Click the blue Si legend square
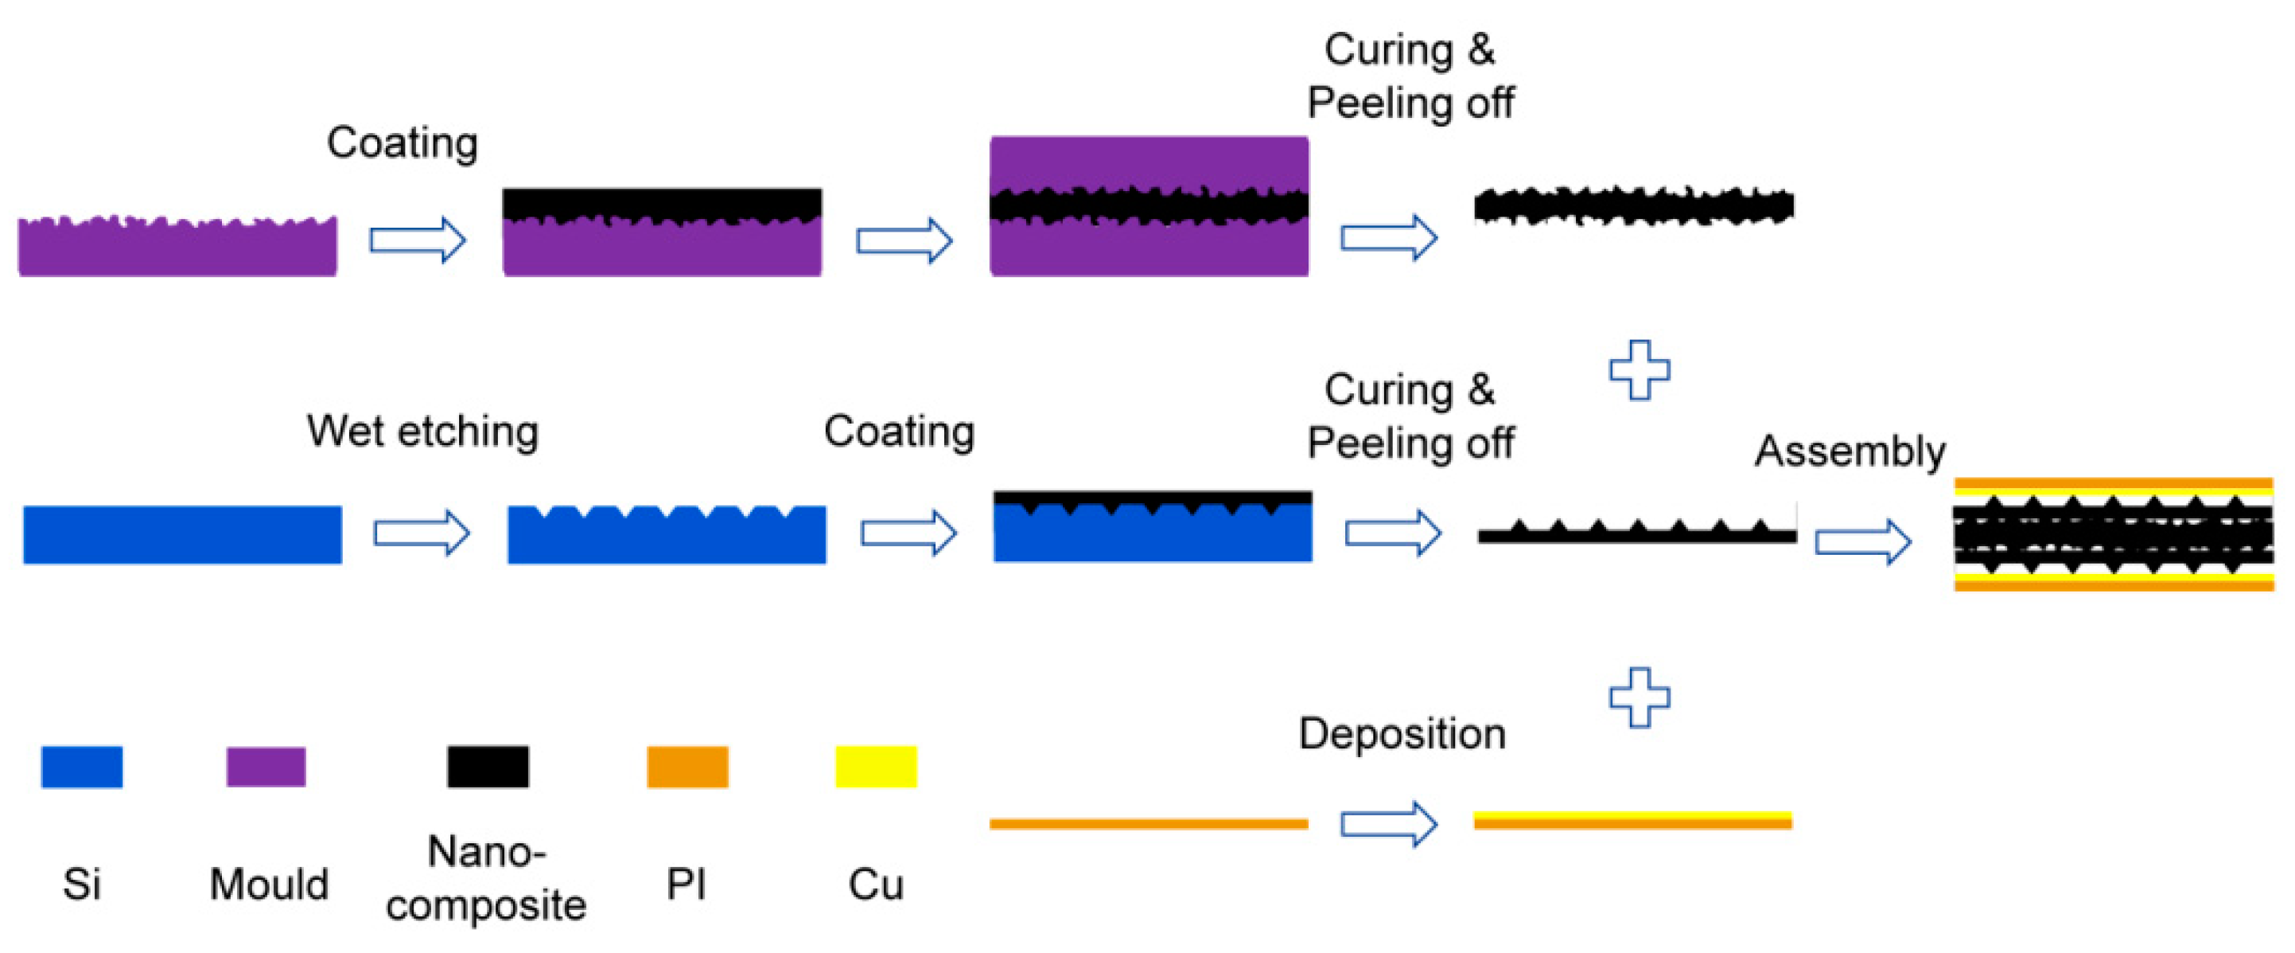click(x=82, y=767)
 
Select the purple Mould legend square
click(x=266, y=767)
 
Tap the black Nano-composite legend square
click(x=488, y=767)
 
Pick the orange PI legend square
click(x=687, y=767)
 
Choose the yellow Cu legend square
click(x=876, y=767)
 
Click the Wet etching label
click(x=422, y=432)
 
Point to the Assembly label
click(x=1850, y=451)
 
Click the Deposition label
click(x=1402, y=734)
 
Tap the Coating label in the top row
click(x=403, y=143)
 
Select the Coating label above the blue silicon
click(x=899, y=432)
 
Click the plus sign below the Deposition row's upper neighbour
click(x=1639, y=697)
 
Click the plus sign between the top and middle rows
click(x=1639, y=370)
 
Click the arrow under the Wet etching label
click(x=422, y=533)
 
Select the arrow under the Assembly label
click(x=1863, y=541)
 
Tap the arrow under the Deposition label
click(x=1389, y=823)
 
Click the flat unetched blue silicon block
click(x=183, y=535)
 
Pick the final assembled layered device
click(x=2114, y=535)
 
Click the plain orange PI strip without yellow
click(x=1149, y=824)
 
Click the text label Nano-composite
click(x=486, y=878)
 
